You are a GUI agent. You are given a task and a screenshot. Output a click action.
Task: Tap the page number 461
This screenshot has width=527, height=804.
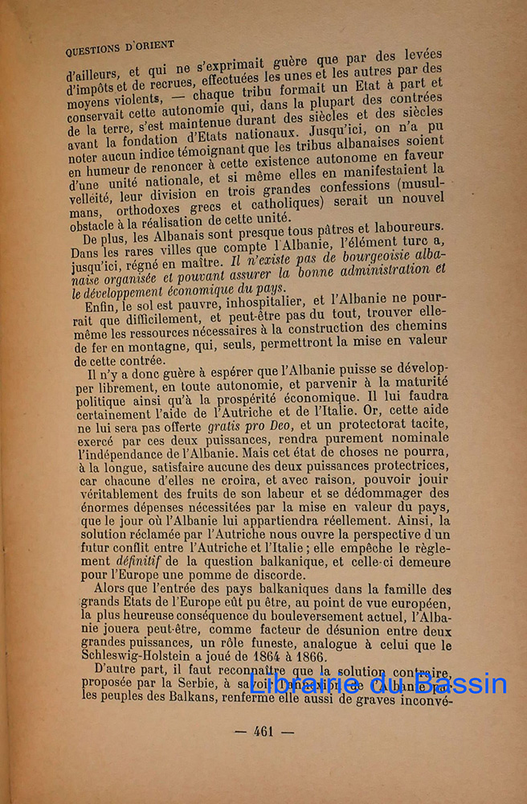tap(263, 732)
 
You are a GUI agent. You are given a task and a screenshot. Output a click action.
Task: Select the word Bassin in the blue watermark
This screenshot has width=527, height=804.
tap(464, 684)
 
